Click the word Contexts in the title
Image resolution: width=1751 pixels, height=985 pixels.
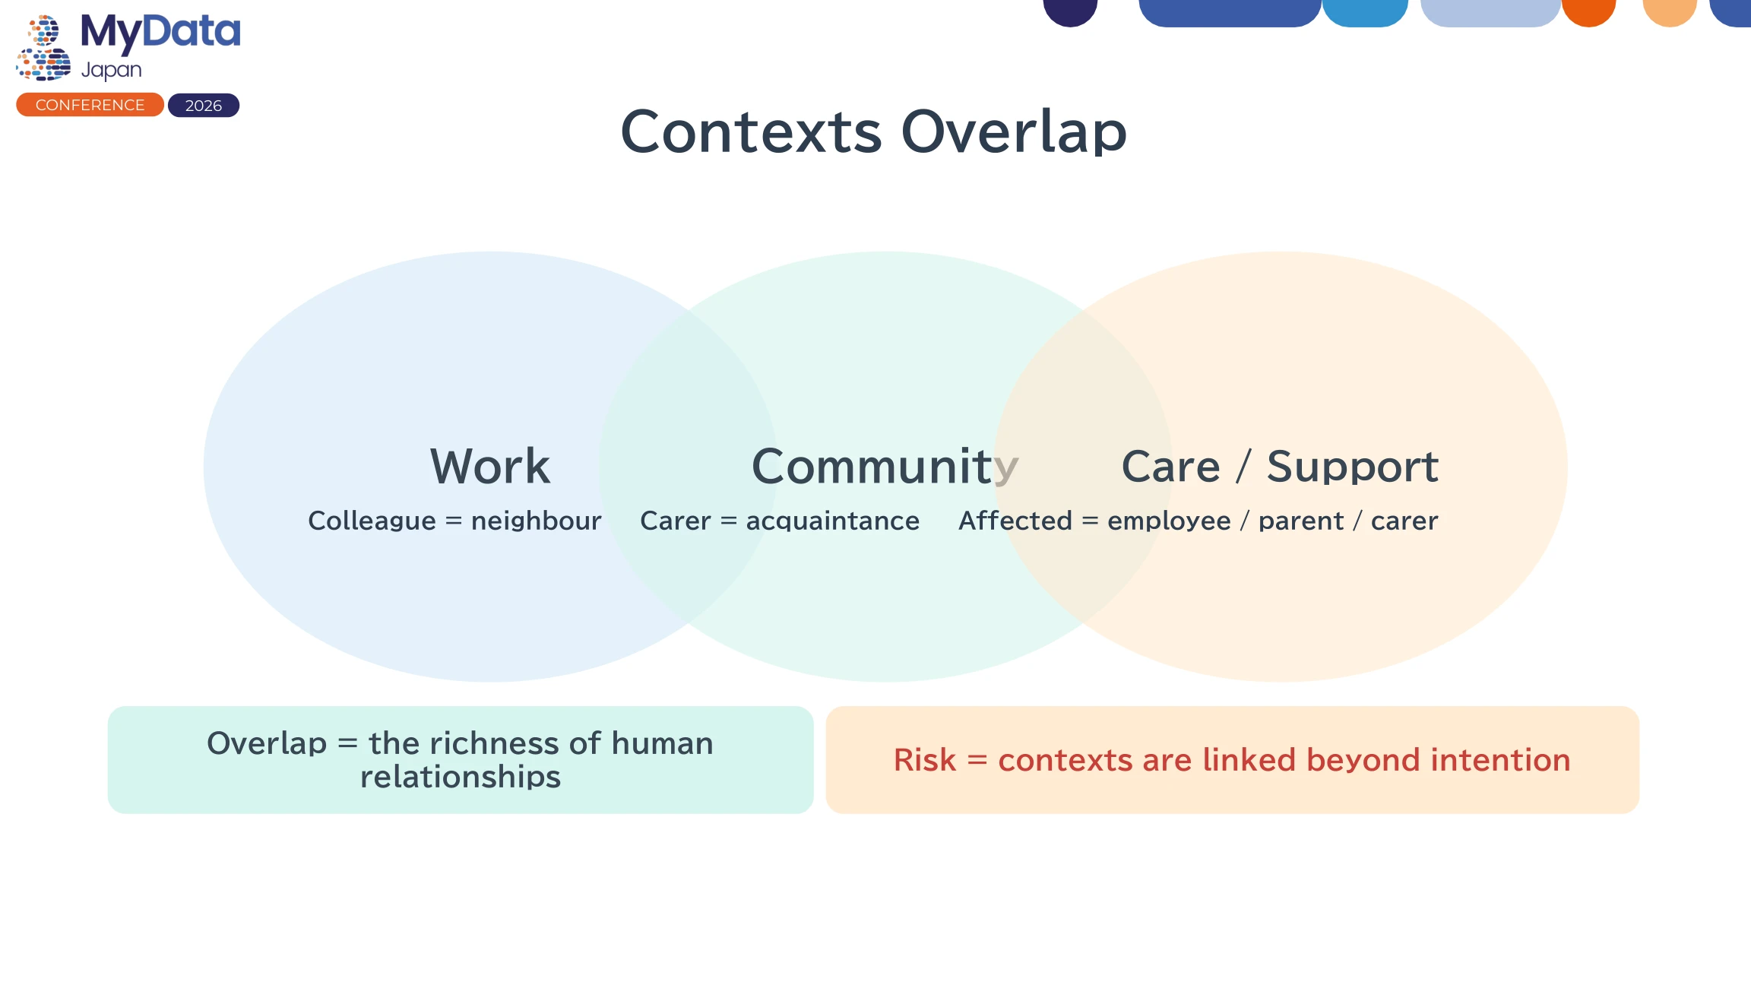(x=751, y=131)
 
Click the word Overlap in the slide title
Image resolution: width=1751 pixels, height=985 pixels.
(x=1014, y=131)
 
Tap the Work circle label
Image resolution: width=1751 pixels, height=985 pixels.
(x=490, y=466)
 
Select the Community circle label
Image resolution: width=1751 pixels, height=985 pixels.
(x=885, y=467)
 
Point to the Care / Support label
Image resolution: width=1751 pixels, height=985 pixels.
(x=1280, y=466)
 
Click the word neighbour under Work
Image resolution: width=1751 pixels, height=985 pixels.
(x=536, y=521)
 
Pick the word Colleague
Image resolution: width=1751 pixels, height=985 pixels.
(x=372, y=521)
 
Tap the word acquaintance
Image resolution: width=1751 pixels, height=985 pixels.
(x=833, y=521)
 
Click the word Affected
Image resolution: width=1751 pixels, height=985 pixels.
(x=1015, y=521)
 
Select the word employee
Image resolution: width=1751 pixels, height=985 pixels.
(x=1169, y=521)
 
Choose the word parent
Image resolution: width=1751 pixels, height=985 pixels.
(x=1301, y=521)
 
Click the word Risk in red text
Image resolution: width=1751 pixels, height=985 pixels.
(x=924, y=760)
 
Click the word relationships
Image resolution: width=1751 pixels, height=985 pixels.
(x=461, y=777)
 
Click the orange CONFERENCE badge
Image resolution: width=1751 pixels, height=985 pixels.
(x=90, y=105)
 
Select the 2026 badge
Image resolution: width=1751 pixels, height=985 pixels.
(x=204, y=106)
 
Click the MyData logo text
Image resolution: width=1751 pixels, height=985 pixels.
(x=160, y=33)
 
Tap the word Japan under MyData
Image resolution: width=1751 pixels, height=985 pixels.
(x=112, y=70)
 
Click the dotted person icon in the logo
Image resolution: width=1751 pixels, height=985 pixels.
(x=43, y=47)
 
